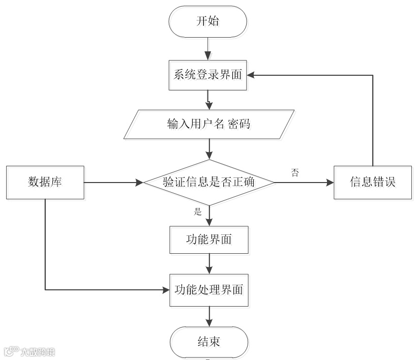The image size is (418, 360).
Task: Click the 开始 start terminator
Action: click(x=208, y=21)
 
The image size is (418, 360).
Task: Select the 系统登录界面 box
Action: click(x=208, y=75)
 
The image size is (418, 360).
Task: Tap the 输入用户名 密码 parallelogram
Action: click(x=209, y=124)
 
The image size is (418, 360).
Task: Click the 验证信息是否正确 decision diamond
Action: click(x=209, y=182)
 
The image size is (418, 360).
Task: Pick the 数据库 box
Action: click(x=45, y=182)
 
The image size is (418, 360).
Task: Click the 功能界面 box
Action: click(x=209, y=239)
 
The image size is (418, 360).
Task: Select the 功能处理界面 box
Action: click(x=209, y=290)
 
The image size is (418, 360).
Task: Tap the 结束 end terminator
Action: click(x=209, y=341)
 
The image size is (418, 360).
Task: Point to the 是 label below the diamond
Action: click(x=198, y=212)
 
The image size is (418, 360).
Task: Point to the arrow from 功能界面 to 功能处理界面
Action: click(x=209, y=263)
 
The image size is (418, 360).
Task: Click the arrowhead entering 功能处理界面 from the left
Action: click(x=165, y=290)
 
